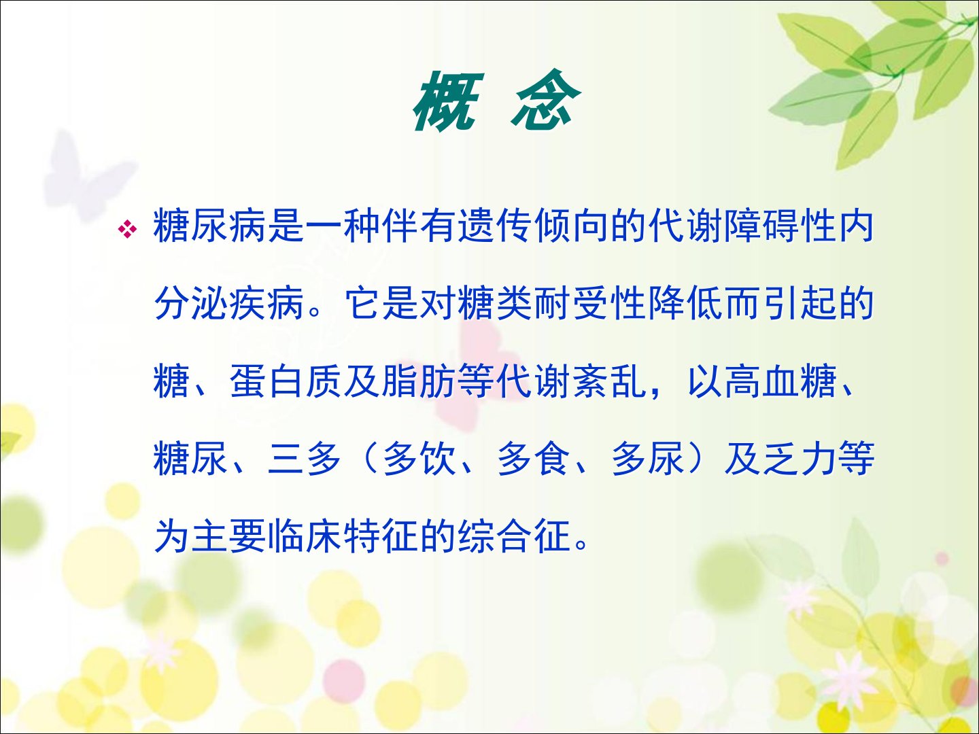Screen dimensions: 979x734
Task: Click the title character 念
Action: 545,99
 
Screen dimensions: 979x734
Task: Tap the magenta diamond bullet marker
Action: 127,229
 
